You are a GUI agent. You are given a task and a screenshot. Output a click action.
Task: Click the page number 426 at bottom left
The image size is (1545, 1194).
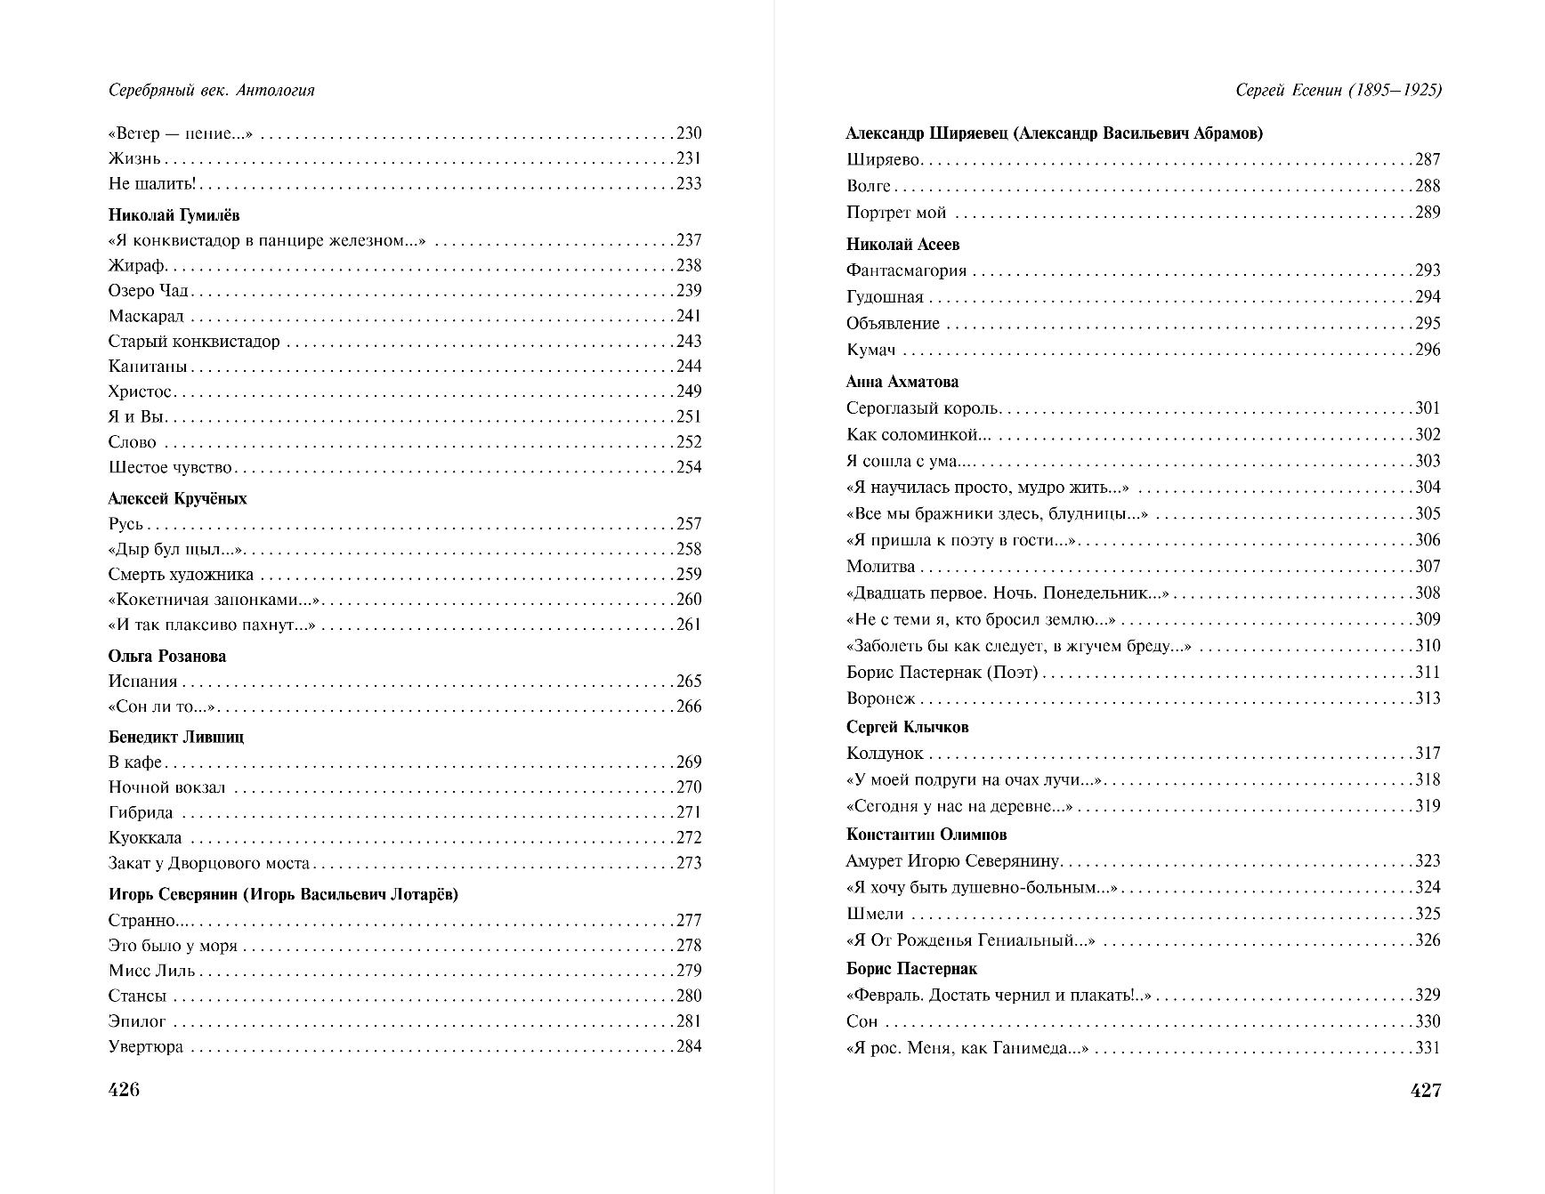(x=124, y=1090)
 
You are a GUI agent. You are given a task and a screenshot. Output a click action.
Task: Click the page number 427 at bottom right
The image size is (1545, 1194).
(x=1426, y=1091)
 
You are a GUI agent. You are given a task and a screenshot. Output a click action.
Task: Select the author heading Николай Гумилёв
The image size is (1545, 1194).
(x=174, y=215)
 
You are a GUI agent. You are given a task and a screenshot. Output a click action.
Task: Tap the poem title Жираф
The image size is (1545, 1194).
(x=138, y=266)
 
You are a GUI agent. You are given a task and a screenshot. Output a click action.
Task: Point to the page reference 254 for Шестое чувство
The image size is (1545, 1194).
(x=689, y=467)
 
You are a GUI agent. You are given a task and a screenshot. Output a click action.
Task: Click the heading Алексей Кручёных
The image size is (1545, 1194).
(x=178, y=498)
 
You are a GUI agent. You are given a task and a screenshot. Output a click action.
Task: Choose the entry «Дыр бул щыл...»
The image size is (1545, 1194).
(x=176, y=550)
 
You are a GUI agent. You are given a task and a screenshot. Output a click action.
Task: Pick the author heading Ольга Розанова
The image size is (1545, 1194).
(x=167, y=657)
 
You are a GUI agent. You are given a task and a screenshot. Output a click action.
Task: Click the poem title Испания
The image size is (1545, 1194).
(x=143, y=682)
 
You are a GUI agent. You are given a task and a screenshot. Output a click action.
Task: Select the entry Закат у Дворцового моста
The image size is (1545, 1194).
(x=209, y=863)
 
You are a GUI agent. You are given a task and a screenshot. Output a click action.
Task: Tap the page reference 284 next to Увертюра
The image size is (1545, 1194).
(x=689, y=1046)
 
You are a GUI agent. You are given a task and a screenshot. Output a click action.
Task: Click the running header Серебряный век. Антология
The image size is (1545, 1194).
(x=212, y=90)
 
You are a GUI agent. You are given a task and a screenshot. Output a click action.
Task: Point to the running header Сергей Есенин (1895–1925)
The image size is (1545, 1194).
(x=1339, y=90)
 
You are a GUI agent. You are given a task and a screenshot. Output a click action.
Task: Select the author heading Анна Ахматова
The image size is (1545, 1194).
(x=902, y=382)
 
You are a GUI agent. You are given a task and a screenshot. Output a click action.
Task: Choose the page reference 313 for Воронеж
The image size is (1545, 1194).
(x=1428, y=698)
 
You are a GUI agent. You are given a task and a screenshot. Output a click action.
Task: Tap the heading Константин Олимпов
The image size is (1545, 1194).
(x=926, y=835)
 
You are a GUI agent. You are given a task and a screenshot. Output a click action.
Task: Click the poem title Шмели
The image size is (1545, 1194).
(x=875, y=914)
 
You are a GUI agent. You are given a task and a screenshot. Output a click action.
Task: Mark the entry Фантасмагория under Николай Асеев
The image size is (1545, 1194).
(x=907, y=270)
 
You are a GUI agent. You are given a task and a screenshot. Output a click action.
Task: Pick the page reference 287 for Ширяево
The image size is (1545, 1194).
(x=1428, y=160)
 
